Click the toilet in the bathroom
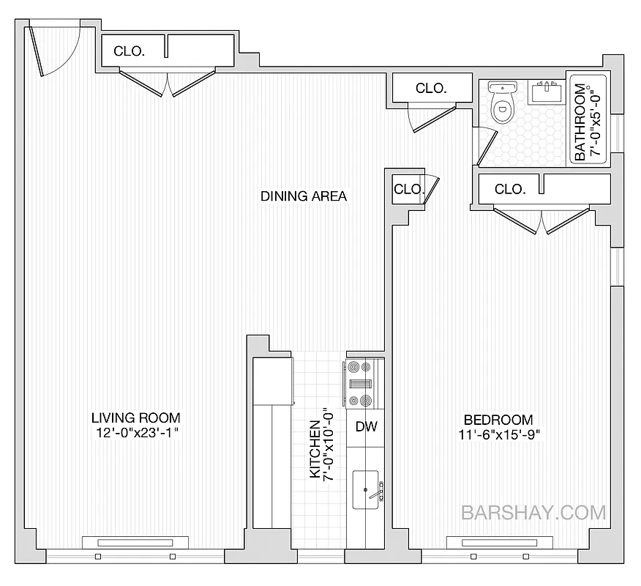(x=502, y=105)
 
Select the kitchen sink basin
(x=366, y=489)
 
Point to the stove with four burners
(x=359, y=383)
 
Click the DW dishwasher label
(x=366, y=427)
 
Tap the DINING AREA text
(x=303, y=196)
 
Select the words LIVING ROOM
(x=135, y=418)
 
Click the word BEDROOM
(x=498, y=420)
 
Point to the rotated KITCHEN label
(x=315, y=449)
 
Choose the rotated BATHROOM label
(x=580, y=122)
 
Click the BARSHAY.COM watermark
(x=533, y=512)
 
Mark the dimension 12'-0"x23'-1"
(x=135, y=433)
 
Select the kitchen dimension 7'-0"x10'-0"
(x=329, y=449)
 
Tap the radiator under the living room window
(x=132, y=543)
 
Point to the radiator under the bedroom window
(x=498, y=543)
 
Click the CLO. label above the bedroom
(x=509, y=189)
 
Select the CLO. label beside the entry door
(x=129, y=51)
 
